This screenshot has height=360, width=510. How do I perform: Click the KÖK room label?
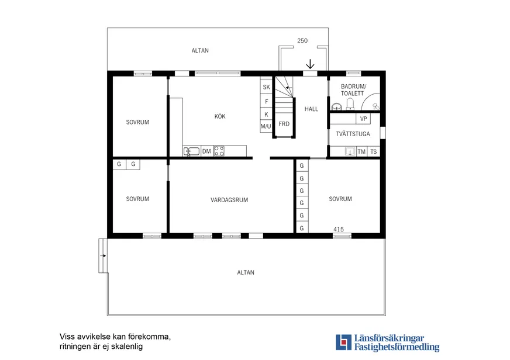coord(220,116)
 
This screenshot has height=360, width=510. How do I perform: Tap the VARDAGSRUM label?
coord(229,200)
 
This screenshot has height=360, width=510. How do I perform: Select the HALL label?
coord(311,109)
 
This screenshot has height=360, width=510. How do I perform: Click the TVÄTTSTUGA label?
coord(353,133)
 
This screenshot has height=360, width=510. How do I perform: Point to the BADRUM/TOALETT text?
coord(353,89)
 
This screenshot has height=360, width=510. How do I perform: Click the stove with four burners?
coord(219,151)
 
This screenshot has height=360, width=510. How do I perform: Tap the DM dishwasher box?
coord(206,151)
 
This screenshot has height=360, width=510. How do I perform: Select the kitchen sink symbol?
coord(192,151)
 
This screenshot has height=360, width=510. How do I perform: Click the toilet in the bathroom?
coord(350,104)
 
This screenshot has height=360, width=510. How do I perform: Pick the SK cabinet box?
coord(266,87)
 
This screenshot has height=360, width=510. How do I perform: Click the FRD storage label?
coord(284,124)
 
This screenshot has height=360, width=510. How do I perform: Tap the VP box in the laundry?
coord(363,119)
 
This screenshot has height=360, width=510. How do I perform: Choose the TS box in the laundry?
coord(373,151)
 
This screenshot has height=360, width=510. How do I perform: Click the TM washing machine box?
coord(361,151)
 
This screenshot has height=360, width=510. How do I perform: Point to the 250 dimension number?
coord(302,40)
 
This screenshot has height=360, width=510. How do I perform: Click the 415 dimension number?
coord(338,229)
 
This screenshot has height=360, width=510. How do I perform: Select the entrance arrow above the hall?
coord(311,64)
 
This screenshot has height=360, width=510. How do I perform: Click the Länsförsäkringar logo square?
coord(344,342)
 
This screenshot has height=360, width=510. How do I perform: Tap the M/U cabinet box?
coord(266,126)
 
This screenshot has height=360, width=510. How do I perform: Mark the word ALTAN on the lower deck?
coord(246,272)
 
